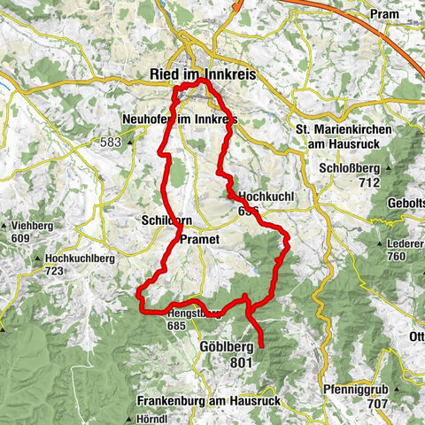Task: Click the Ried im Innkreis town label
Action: pyautogui.click(x=204, y=76)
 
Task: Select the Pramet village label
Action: pyautogui.click(x=198, y=239)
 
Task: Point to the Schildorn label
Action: pyautogui.click(x=160, y=220)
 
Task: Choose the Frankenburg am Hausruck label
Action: pyautogui.click(x=209, y=401)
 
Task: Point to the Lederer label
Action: pyautogui.click(x=406, y=243)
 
